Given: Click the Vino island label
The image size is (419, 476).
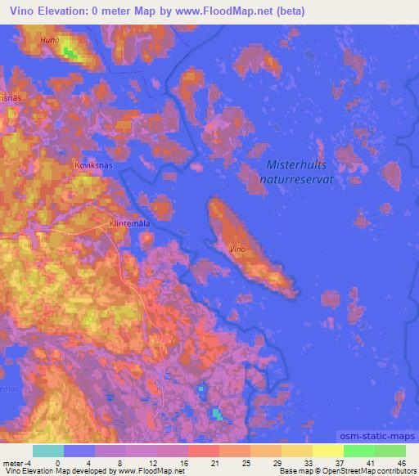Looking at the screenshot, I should coord(237,247).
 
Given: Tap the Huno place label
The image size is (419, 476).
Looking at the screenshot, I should coord(49,38).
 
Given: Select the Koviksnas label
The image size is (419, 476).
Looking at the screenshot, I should coord(92,162).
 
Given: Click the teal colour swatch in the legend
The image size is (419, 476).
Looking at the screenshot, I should coord(48,451).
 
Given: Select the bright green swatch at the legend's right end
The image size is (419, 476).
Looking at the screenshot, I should coord(390,451).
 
